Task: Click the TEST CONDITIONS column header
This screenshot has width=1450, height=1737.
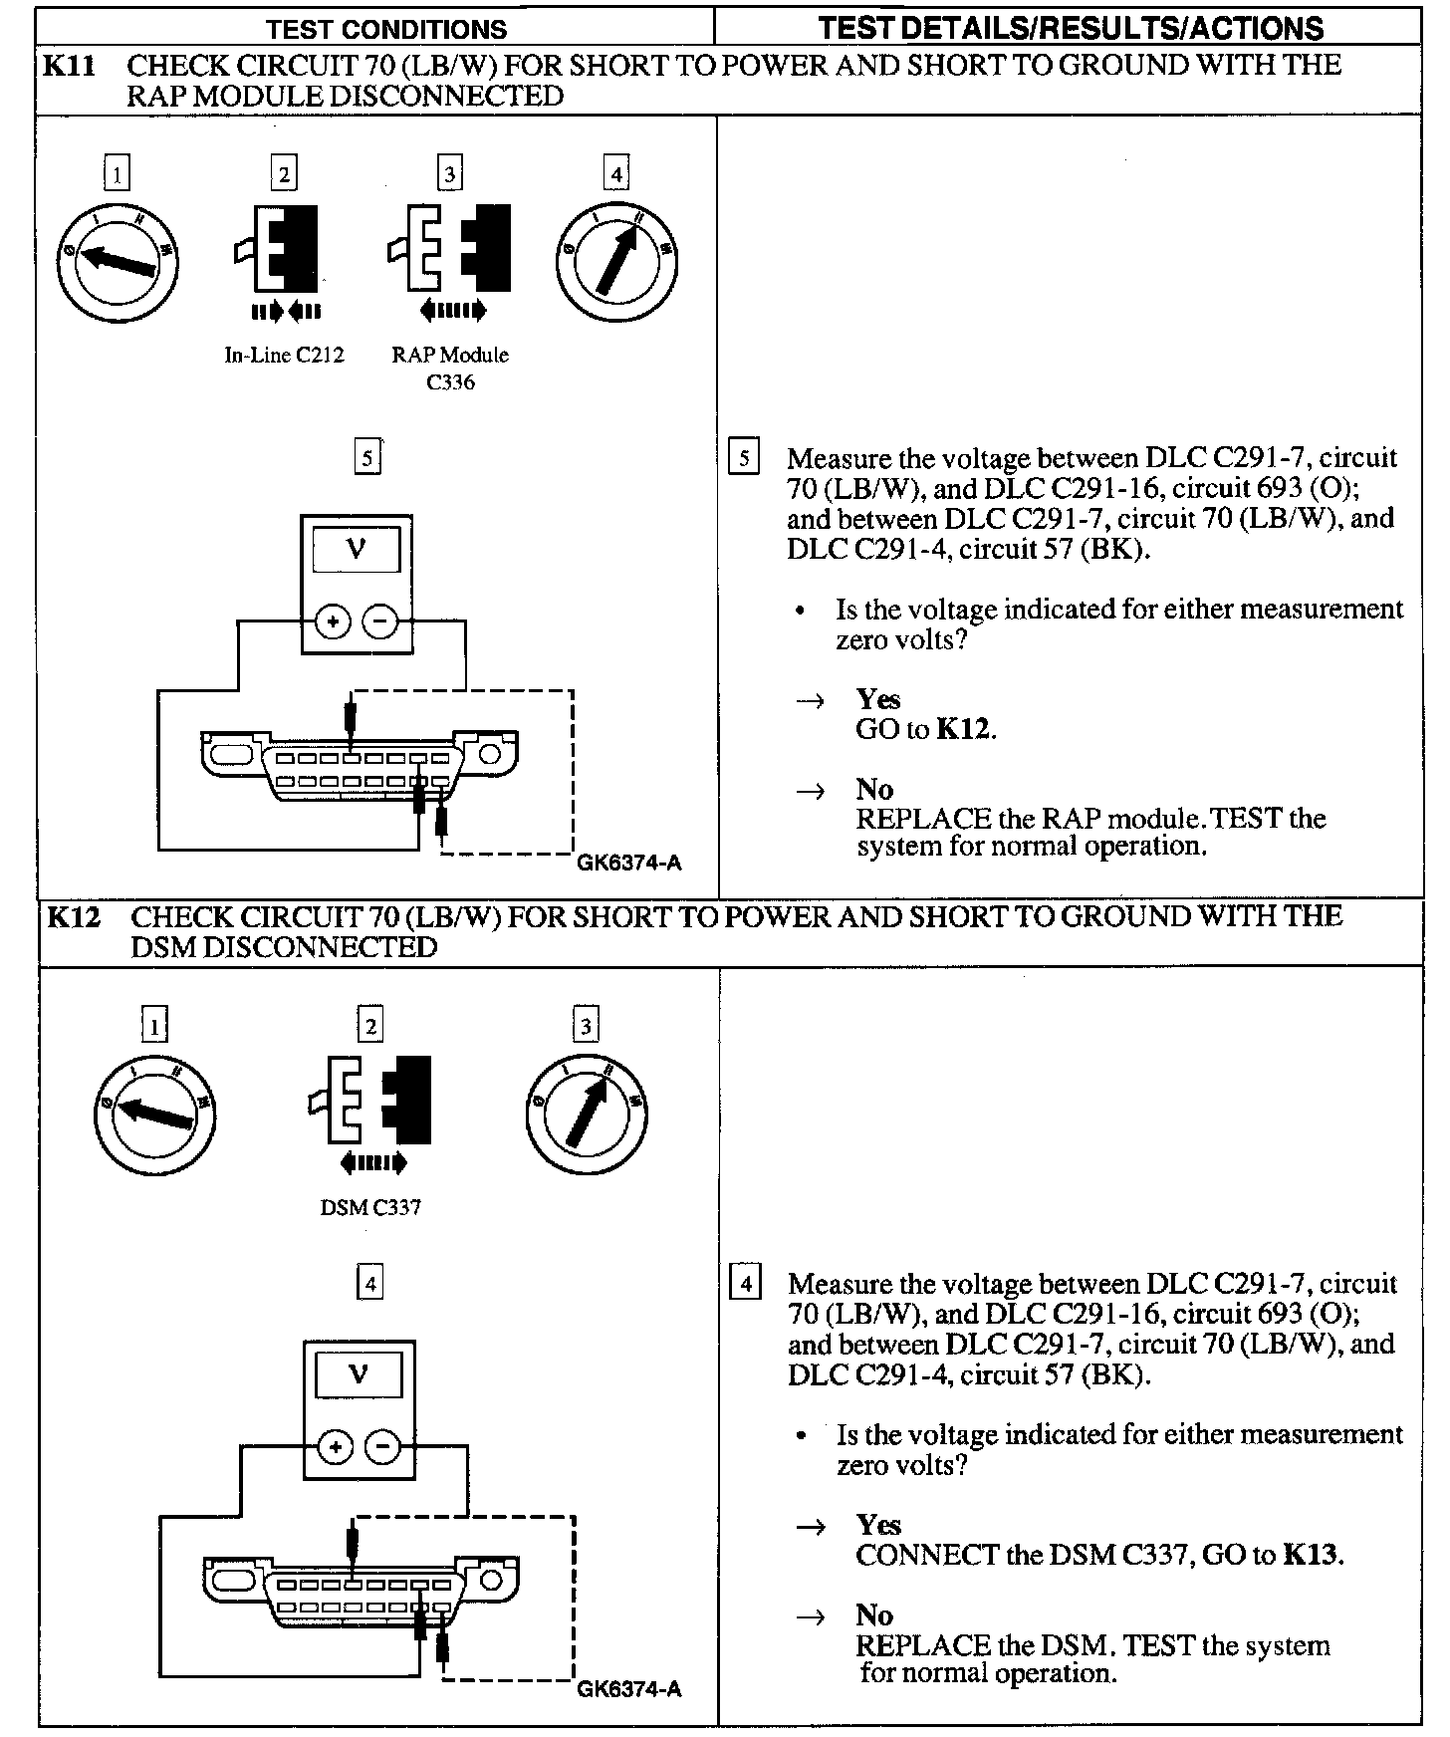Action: pos(386,29)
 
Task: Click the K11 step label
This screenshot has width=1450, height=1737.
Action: pos(69,67)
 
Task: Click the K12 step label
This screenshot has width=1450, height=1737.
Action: pos(73,917)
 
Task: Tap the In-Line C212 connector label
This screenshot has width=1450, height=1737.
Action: pos(284,356)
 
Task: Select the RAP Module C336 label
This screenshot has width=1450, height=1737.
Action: pos(450,368)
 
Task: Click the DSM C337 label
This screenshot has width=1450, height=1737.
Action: pos(370,1207)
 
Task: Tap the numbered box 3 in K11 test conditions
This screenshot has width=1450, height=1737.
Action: pos(450,175)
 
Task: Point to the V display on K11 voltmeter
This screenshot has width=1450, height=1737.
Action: pos(357,549)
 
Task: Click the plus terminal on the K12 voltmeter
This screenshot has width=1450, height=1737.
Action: pos(336,1447)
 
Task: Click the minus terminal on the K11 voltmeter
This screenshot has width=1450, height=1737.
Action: pos(380,622)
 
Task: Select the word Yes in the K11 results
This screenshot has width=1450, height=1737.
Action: pos(877,699)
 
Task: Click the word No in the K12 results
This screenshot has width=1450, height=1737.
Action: pos(873,1614)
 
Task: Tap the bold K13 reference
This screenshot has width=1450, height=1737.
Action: pos(1310,1555)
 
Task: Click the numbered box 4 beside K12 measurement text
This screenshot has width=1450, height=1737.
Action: pos(745,1282)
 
